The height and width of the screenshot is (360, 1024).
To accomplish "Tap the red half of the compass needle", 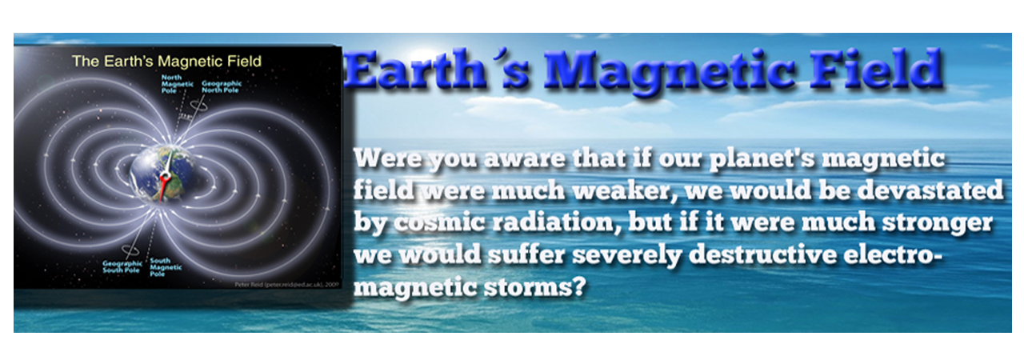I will (x=164, y=187).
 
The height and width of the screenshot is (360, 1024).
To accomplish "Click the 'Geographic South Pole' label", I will (x=122, y=266).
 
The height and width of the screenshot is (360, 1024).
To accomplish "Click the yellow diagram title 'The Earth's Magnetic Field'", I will (x=166, y=61).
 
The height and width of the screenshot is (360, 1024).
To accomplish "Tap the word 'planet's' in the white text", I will (x=773, y=160).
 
